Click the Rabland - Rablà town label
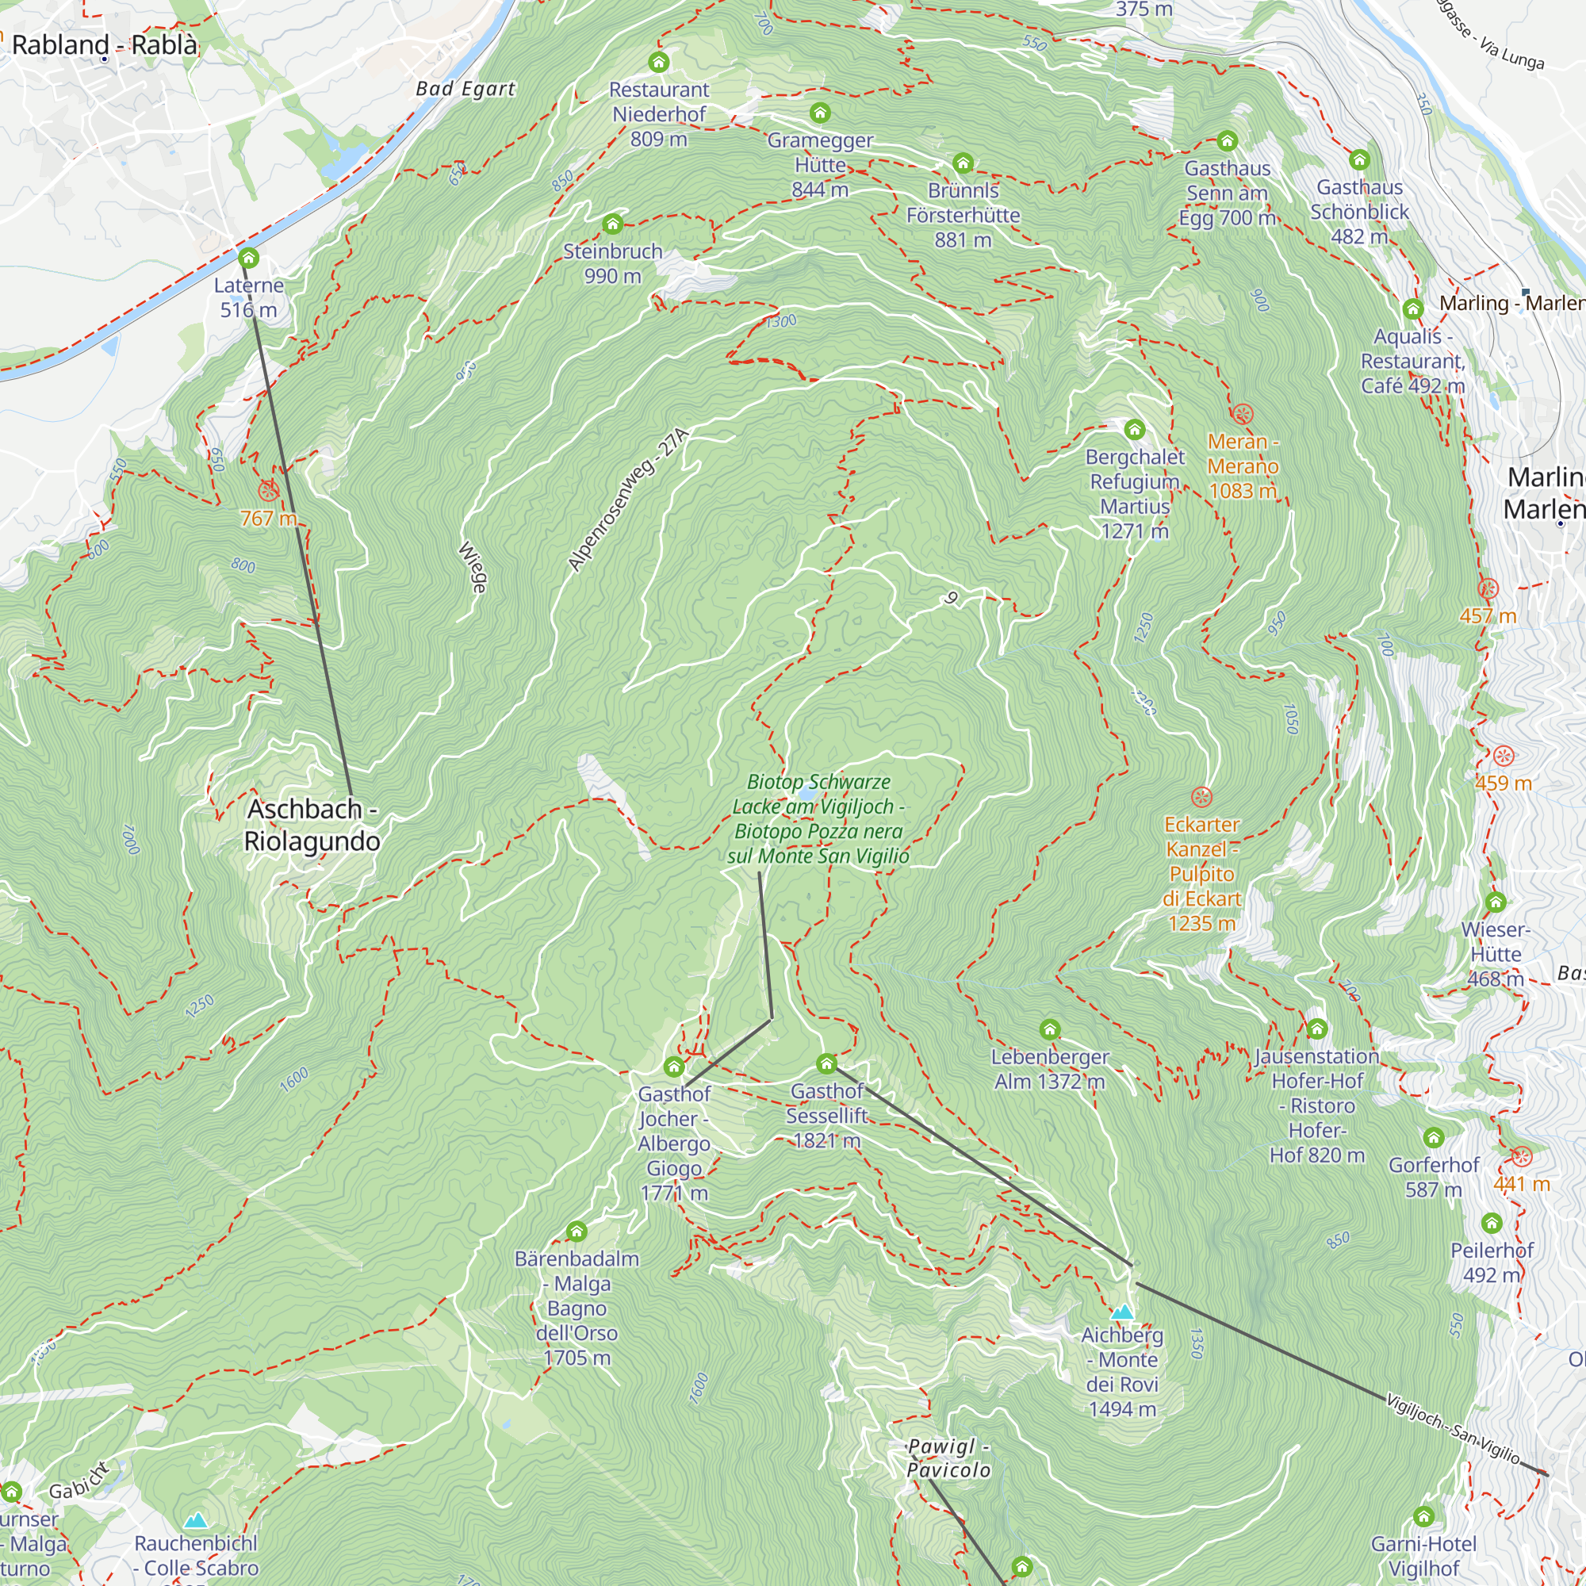click(104, 44)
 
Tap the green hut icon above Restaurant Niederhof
click(658, 63)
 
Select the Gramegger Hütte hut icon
click(820, 113)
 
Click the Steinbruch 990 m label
click(612, 263)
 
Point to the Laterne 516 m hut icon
click(249, 259)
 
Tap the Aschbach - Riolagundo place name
click(312, 825)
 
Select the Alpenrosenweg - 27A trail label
click(628, 499)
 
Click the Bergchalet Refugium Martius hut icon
click(1135, 429)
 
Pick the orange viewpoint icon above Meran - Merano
click(1243, 414)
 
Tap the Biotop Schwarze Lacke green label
click(818, 818)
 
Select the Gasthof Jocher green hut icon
click(674, 1067)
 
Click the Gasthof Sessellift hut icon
click(826, 1064)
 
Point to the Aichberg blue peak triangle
click(1122, 1312)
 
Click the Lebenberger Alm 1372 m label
click(1050, 1069)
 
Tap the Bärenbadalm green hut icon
click(577, 1232)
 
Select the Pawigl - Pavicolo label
click(948, 1458)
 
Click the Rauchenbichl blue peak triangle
click(195, 1521)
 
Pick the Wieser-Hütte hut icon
click(1496, 902)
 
